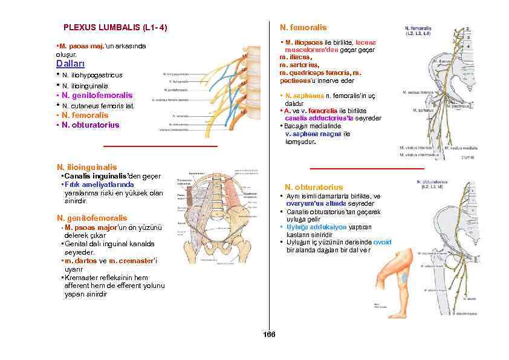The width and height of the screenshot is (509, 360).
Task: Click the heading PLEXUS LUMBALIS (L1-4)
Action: pyautogui.click(x=115, y=28)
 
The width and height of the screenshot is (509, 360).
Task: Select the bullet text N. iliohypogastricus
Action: pyautogui.click(x=92, y=75)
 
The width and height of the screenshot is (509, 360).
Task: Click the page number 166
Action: pyautogui.click(x=269, y=335)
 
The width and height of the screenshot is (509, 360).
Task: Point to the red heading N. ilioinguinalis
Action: pyautogui.click(x=86, y=167)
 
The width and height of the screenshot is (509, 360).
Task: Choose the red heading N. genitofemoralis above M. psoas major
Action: pyautogui.click(x=91, y=218)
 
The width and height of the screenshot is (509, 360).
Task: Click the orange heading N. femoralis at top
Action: pyautogui.click(x=303, y=28)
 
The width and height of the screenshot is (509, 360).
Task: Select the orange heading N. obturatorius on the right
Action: pyautogui.click(x=314, y=188)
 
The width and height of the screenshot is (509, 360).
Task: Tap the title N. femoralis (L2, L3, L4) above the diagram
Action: pyautogui.click(x=418, y=30)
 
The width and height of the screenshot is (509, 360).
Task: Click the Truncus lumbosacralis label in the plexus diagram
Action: pyautogui.click(x=173, y=129)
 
